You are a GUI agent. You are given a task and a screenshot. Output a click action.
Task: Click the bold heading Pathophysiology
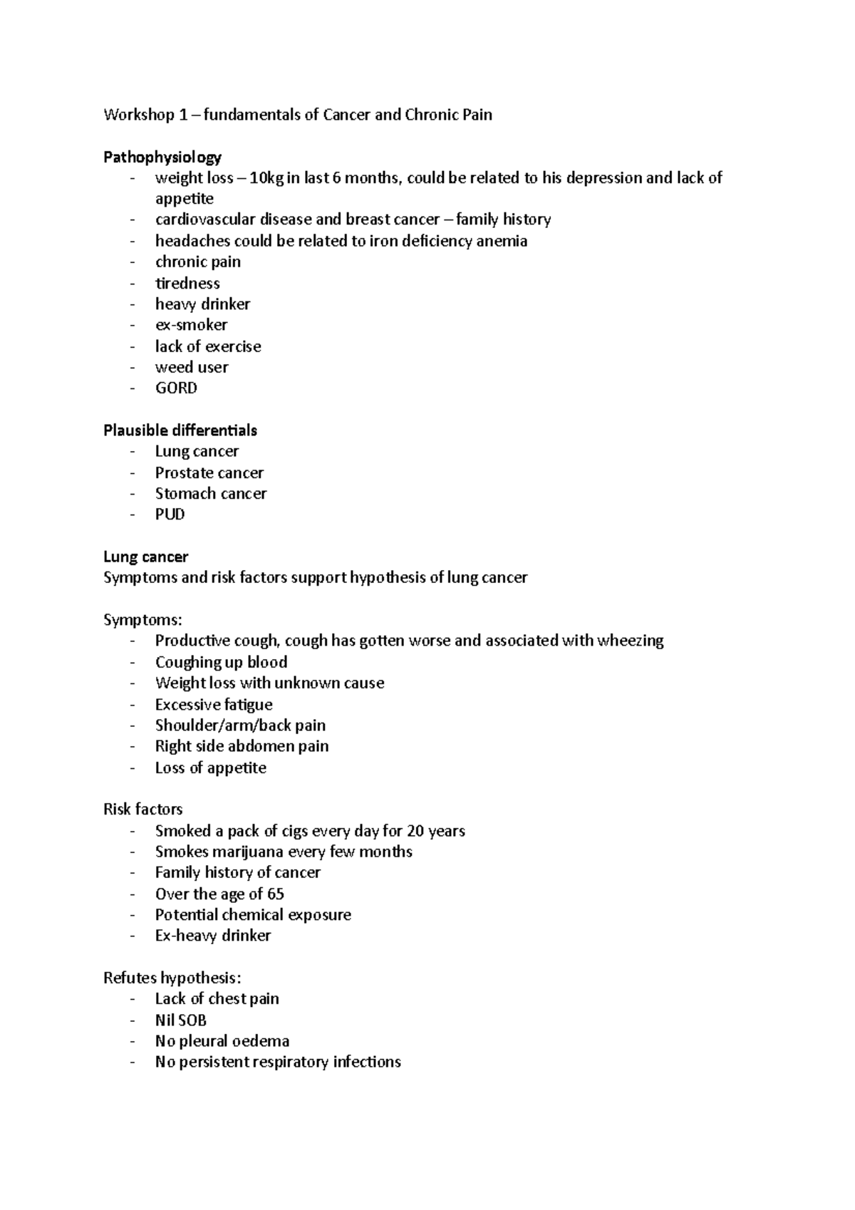[162, 157]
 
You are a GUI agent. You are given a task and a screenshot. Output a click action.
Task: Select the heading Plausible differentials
[180, 430]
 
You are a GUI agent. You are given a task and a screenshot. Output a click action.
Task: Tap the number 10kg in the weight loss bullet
[266, 178]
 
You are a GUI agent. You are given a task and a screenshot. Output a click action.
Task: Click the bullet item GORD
[176, 388]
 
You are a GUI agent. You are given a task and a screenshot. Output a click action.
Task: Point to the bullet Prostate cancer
[209, 473]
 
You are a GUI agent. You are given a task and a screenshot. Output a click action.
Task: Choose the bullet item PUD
[170, 514]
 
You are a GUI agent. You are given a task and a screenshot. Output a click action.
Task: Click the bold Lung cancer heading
[145, 557]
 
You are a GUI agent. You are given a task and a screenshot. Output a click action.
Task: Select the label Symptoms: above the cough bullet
[142, 620]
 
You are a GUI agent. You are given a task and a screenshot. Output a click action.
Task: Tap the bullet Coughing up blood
[221, 662]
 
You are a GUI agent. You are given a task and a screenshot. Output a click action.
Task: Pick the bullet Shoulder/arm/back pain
[240, 725]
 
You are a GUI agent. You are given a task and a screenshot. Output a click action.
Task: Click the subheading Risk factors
[142, 810]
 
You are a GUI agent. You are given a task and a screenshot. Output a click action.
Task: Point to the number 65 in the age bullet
[275, 894]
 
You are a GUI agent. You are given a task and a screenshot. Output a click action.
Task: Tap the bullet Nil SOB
[180, 1020]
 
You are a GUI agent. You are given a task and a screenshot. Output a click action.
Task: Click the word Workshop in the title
[138, 115]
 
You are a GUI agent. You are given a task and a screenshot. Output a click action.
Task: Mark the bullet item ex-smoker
[191, 325]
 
